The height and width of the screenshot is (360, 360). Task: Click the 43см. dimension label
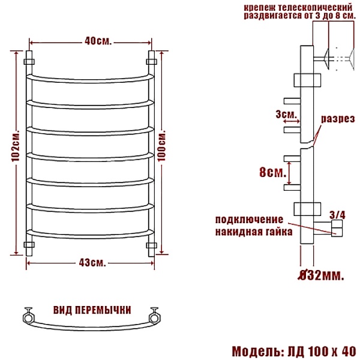(92, 262)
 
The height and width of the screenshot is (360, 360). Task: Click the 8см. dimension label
(271, 173)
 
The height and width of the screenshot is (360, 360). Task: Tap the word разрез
(336, 119)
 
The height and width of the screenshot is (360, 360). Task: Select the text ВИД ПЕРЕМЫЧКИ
(92, 310)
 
